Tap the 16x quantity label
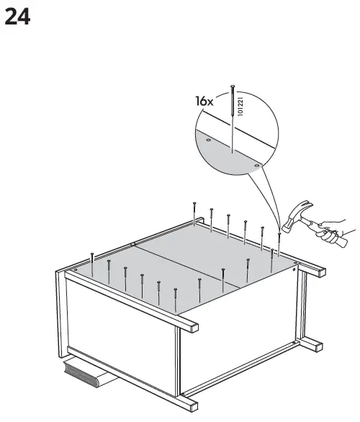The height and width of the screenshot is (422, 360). tap(204, 102)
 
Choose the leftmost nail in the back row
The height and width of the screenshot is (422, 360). tap(194, 212)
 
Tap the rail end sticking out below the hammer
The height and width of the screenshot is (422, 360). tap(315, 272)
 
